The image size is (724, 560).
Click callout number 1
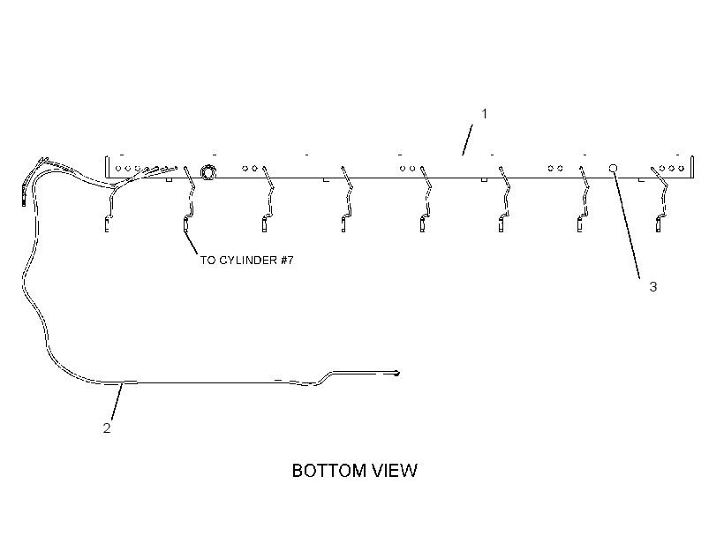pyautogui.click(x=485, y=114)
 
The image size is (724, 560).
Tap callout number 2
pyautogui.click(x=107, y=428)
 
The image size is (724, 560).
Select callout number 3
pyautogui.click(x=652, y=287)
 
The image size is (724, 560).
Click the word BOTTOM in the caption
pyautogui.click(x=329, y=471)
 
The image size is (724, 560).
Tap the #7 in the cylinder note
pyautogui.click(x=287, y=261)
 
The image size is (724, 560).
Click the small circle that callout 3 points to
pyautogui.click(x=613, y=168)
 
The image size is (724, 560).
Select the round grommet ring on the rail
pyautogui.click(x=207, y=172)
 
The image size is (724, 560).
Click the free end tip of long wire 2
pyautogui.click(x=396, y=374)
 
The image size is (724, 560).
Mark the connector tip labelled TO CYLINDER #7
pyautogui.click(x=185, y=225)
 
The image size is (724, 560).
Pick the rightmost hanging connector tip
pyautogui.click(x=658, y=225)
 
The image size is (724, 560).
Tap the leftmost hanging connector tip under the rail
pyautogui.click(x=107, y=225)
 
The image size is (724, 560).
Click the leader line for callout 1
pyautogui.click(x=467, y=140)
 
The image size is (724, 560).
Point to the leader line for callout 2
pyautogui.click(x=117, y=401)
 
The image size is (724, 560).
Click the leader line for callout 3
pyautogui.click(x=627, y=225)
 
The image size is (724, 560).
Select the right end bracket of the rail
pyautogui.click(x=691, y=167)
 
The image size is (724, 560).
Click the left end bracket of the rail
pyautogui.click(x=107, y=167)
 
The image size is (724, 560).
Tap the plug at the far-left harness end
pyautogui.click(x=24, y=196)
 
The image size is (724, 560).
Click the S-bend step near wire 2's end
pyautogui.click(x=324, y=377)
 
